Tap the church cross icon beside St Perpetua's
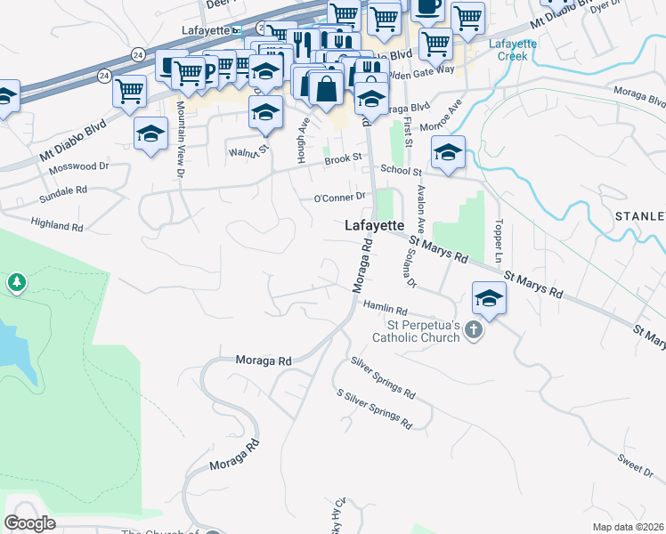pyautogui.click(x=473, y=332)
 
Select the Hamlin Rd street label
pyautogui.click(x=385, y=310)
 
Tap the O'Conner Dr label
pyautogui.click(x=339, y=197)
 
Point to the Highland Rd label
pyautogui.click(x=56, y=225)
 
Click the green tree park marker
pyautogui.click(x=16, y=283)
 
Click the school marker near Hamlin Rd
pyautogui.click(x=489, y=299)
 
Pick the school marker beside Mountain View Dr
pyautogui.click(x=151, y=134)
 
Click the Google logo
pyautogui.click(x=30, y=523)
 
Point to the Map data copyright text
pyautogui.click(x=629, y=527)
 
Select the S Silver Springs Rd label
pyautogui.click(x=373, y=407)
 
